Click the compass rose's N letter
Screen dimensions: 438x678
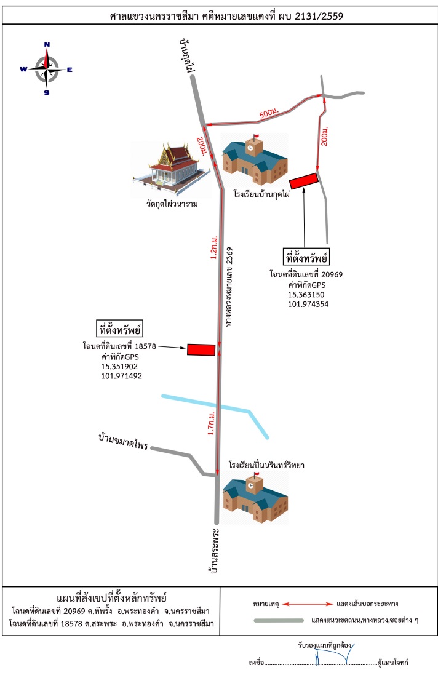pos(47,44)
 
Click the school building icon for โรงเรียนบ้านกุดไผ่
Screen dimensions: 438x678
pos(255,159)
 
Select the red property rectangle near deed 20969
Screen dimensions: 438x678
pos(303,181)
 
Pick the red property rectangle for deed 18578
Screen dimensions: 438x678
pos(201,349)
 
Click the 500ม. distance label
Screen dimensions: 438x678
pos(269,113)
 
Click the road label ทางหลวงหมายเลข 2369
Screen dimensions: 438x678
pos(229,287)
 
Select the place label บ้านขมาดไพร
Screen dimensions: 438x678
pos(123,442)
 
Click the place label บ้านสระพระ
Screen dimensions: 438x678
pos(214,551)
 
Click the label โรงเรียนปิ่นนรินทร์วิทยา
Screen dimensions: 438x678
pos(266,465)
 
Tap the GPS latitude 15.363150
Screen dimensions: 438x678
pos(306,295)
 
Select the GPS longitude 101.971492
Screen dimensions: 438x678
pos(122,376)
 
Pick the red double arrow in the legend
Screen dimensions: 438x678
pos(308,604)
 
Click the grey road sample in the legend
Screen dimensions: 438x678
pos(279,621)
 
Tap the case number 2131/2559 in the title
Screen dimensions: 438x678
pos(319,17)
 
